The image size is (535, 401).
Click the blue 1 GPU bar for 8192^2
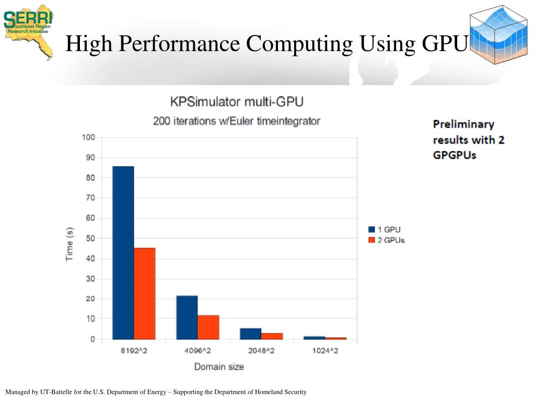click(123, 253)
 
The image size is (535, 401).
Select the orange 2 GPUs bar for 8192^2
click(145, 293)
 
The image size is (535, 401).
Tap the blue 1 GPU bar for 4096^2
click(187, 317)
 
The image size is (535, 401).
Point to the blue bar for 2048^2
click(251, 334)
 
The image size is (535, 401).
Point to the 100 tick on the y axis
click(88, 138)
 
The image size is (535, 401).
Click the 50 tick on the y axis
click(89, 239)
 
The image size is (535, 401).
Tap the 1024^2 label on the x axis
click(325, 351)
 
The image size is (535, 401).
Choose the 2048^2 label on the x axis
click(261, 351)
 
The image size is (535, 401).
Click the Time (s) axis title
click(69, 244)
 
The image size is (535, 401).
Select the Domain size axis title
click(219, 367)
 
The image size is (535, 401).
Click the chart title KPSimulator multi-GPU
click(237, 101)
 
